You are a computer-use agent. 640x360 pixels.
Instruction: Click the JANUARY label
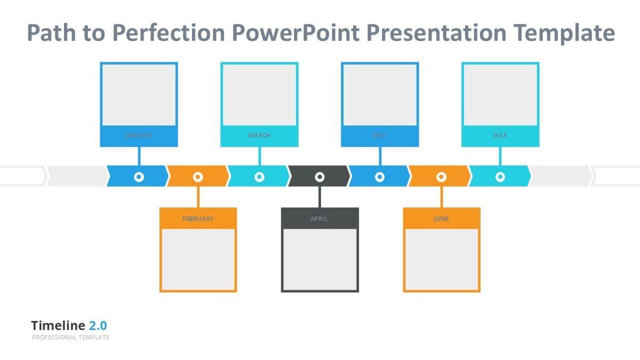(139, 135)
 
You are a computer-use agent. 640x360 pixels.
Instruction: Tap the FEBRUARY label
(198, 219)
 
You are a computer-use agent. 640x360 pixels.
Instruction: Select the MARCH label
(259, 135)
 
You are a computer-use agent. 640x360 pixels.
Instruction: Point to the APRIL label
(319, 219)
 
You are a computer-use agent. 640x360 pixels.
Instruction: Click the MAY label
(379, 135)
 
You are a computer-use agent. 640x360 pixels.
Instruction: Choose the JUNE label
(441, 219)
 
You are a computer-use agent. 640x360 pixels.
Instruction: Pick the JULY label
(500, 135)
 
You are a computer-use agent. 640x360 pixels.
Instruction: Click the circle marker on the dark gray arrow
(319, 177)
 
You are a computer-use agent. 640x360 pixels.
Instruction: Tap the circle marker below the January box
(139, 177)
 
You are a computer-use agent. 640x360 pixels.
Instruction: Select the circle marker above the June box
(441, 177)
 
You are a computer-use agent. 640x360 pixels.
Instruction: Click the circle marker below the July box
(500, 177)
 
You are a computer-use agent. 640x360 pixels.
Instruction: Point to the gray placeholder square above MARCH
(259, 95)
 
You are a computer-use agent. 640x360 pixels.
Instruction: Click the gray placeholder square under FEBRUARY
(198, 259)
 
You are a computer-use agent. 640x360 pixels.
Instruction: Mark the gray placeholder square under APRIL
(319, 259)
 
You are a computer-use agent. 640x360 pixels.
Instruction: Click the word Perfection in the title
(169, 33)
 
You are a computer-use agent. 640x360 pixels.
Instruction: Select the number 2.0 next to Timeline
(98, 326)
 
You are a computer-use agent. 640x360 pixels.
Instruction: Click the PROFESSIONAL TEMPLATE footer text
(70, 338)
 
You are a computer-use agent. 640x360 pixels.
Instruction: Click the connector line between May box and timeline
(380, 156)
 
